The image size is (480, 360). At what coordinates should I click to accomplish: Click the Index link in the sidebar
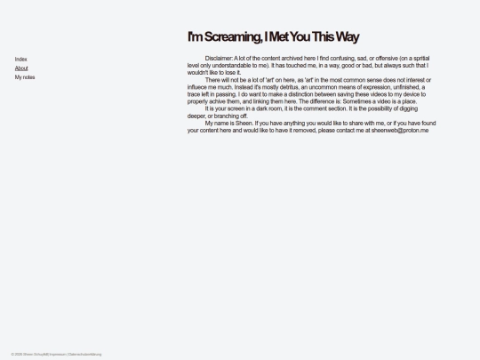(20, 59)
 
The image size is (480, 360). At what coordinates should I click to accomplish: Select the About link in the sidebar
(21, 68)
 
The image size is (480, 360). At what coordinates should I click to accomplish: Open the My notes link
(25, 77)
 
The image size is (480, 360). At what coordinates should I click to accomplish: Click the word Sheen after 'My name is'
(242, 123)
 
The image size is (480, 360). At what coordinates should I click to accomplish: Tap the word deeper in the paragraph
(196, 116)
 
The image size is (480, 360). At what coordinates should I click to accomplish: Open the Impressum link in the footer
(57, 354)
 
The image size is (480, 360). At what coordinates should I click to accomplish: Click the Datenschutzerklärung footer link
(85, 354)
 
